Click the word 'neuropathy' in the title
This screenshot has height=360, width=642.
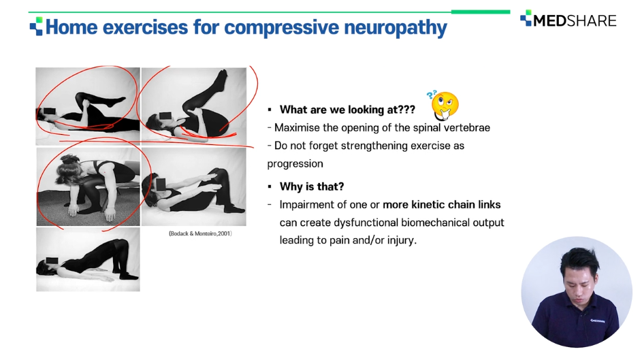tap(395, 28)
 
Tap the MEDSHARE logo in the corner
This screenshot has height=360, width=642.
tap(568, 20)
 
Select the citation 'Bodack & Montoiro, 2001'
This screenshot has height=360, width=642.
tap(200, 233)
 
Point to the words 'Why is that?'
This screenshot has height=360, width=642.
tap(312, 186)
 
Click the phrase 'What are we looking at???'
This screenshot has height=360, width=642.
tap(347, 110)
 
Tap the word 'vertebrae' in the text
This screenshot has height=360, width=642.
tap(467, 128)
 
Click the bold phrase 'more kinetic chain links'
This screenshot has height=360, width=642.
tap(441, 205)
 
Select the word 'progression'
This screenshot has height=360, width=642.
tap(295, 164)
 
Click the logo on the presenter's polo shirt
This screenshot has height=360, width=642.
tap(597, 321)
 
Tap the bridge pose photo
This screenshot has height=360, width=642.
tap(88, 259)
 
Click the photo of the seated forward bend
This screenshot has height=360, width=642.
tap(88, 186)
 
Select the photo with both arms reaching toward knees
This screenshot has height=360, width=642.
tap(193, 186)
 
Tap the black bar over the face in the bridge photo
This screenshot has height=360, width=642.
tap(53, 261)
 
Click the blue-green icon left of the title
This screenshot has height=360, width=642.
tap(36, 26)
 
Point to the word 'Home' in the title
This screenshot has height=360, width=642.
tap(71, 27)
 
